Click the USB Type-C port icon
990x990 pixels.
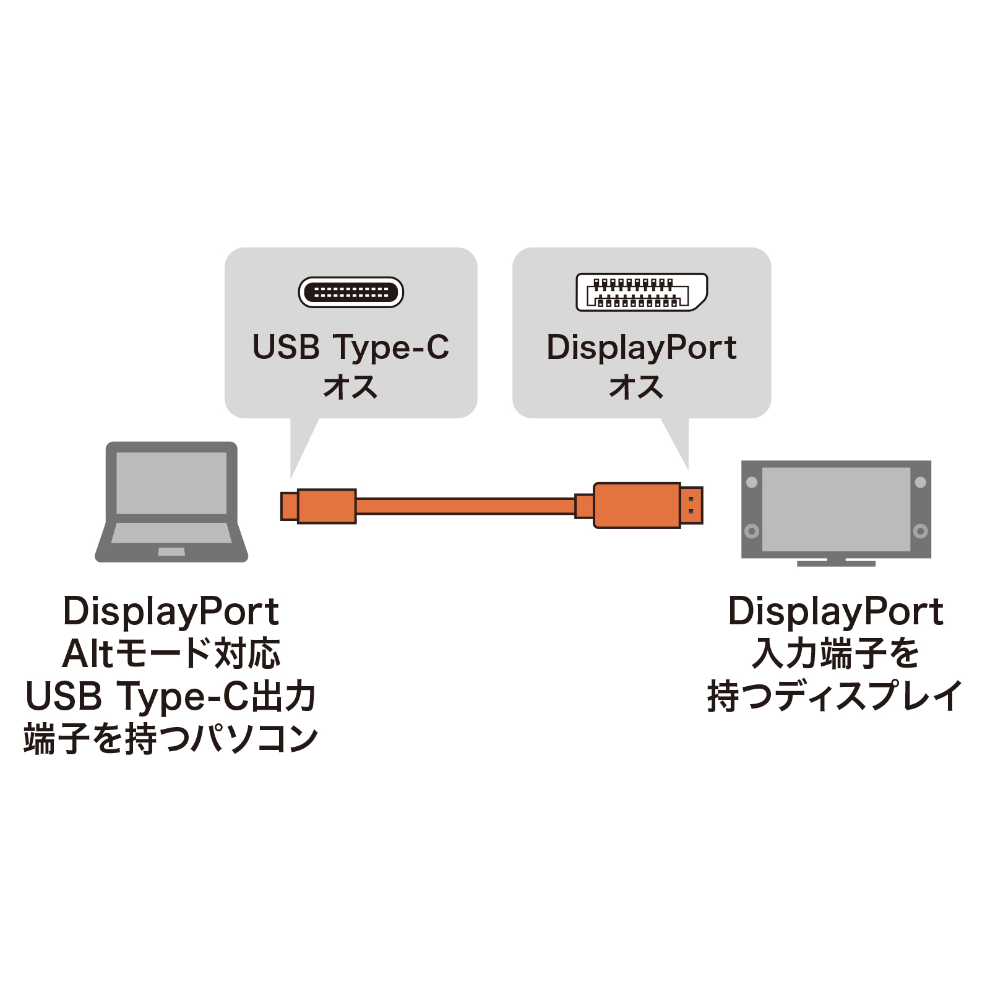click(x=351, y=292)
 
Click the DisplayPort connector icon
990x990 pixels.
click(x=641, y=292)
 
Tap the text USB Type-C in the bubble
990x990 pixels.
click(x=351, y=348)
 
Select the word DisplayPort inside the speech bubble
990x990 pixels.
click(x=641, y=348)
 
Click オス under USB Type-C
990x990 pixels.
click(x=350, y=387)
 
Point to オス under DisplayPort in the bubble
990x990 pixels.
click(x=636, y=387)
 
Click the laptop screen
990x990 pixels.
click(x=171, y=483)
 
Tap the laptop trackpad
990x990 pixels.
click(x=171, y=551)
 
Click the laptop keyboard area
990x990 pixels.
click(x=171, y=533)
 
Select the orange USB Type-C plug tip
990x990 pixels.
click(x=289, y=506)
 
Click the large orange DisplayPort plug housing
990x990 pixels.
click(x=637, y=506)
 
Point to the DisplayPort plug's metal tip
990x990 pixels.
click(x=691, y=506)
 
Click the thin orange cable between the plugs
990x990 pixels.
click(x=464, y=506)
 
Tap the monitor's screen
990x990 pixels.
click(x=836, y=509)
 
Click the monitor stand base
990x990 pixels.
click(x=836, y=563)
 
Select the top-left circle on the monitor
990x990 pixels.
click(x=752, y=482)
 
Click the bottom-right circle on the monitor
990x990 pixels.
click(x=920, y=531)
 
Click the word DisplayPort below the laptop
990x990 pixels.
click(x=171, y=612)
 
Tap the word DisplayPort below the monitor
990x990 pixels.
click(x=835, y=612)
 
